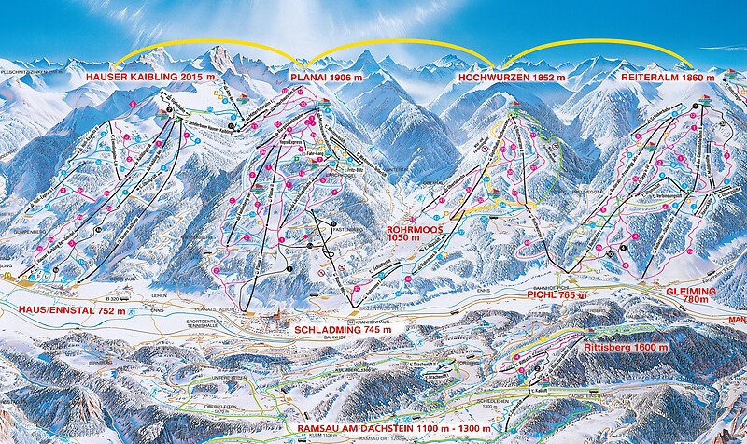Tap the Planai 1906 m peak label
click(x=325, y=77)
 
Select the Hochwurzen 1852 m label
click(x=511, y=77)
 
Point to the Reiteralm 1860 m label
click(x=670, y=77)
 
